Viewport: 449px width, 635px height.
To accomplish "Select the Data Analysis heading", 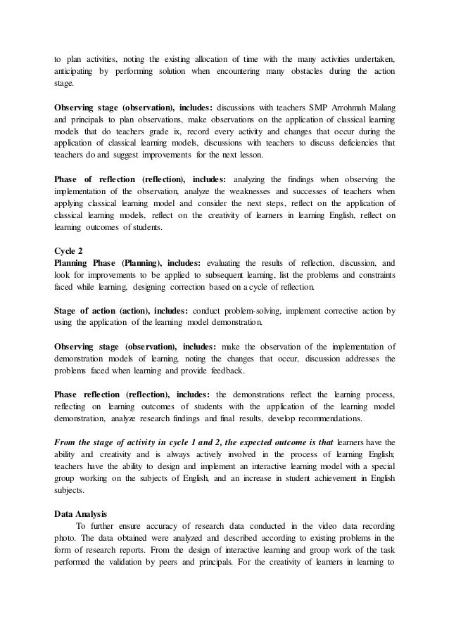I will point(83,513).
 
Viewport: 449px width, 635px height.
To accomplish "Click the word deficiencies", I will point(359,143).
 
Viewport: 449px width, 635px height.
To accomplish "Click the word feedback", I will point(224,370).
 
